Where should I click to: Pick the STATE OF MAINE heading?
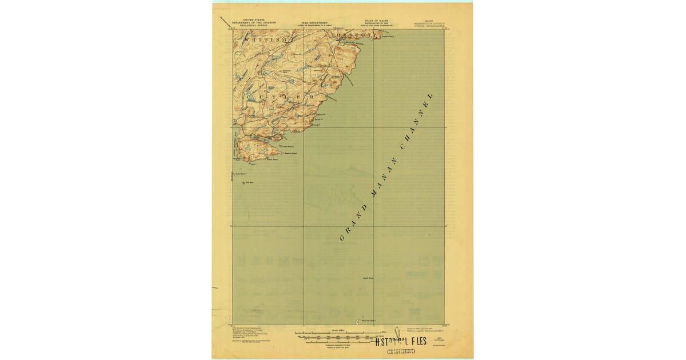click(x=375, y=23)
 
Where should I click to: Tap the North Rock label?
click(x=368, y=278)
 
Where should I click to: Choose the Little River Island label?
click(x=288, y=146)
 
